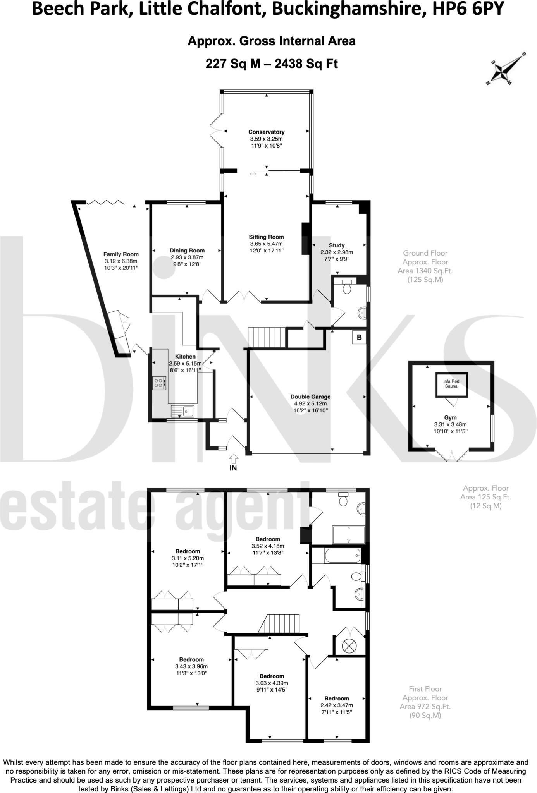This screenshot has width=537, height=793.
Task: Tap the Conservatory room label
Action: click(x=266, y=132)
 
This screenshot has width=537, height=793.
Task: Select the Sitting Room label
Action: click(x=266, y=237)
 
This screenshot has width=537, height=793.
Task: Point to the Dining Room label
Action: click(x=187, y=251)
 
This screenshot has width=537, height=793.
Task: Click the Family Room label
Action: click(x=121, y=254)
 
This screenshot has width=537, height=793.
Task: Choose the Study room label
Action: click(x=337, y=245)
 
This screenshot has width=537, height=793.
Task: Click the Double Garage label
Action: click(x=311, y=396)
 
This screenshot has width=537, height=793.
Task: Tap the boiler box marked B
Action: click(x=359, y=337)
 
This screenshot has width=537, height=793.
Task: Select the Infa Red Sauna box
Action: click(x=451, y=384)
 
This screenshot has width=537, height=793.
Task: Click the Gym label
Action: click(x=450, y=417)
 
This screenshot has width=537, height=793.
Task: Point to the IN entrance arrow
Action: click(x=233, y=460)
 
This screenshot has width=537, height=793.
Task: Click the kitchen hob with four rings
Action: click(x=159, y=383)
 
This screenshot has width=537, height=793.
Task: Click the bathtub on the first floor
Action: click(x=337, y=556)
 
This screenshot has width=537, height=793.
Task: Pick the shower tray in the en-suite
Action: click(x=348, y=535)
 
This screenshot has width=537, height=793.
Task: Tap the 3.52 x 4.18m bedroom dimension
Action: click(x=267, y=546)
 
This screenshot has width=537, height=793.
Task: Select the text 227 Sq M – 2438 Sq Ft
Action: click(x=272, y=64)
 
